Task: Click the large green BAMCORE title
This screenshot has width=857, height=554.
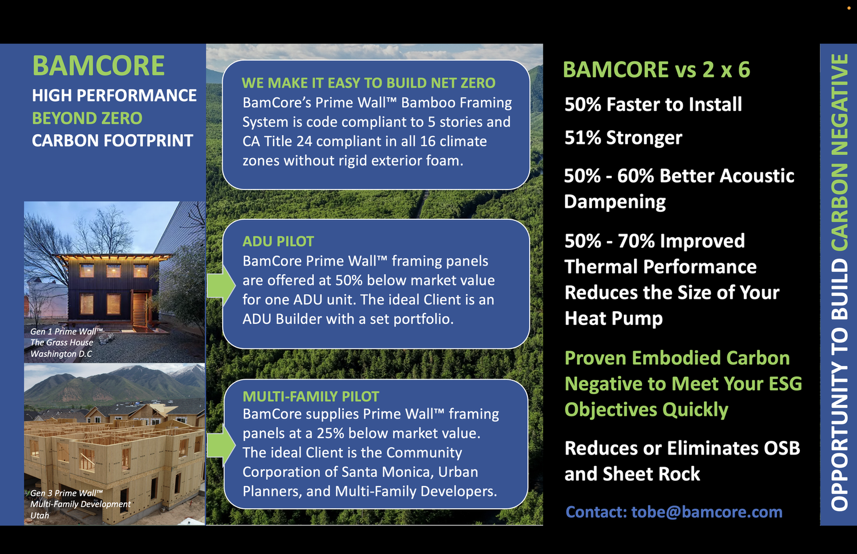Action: point(98,66)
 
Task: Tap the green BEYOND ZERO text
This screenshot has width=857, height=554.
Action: point(87,118)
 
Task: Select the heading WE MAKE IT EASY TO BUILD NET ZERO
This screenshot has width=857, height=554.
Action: point(369,83)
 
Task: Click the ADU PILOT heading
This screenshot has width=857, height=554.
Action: point(278,241)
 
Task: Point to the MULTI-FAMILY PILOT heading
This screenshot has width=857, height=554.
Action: point(311,396)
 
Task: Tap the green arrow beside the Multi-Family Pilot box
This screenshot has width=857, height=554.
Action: point(220,445)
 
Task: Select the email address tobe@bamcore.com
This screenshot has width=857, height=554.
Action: point(707,512)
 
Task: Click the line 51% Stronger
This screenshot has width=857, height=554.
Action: point(623,138)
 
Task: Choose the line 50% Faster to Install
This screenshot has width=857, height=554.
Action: point(653,105)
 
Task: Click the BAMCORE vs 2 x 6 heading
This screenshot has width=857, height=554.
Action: point(656,70)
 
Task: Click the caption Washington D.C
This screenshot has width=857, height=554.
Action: point(61,354)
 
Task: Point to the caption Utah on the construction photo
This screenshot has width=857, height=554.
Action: point(40,515)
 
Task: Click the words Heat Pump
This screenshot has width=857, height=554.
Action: point(614,318)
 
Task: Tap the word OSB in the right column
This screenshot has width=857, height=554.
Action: point(782,448)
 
